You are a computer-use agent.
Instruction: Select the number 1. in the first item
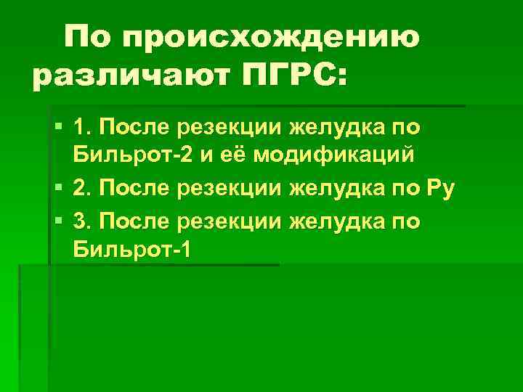[x=83, y=129]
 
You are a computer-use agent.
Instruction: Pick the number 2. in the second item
[x=83, y=190]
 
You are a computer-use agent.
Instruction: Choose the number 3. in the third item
[x=83, y=221]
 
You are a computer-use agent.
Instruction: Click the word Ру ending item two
[x=441, y=191]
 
